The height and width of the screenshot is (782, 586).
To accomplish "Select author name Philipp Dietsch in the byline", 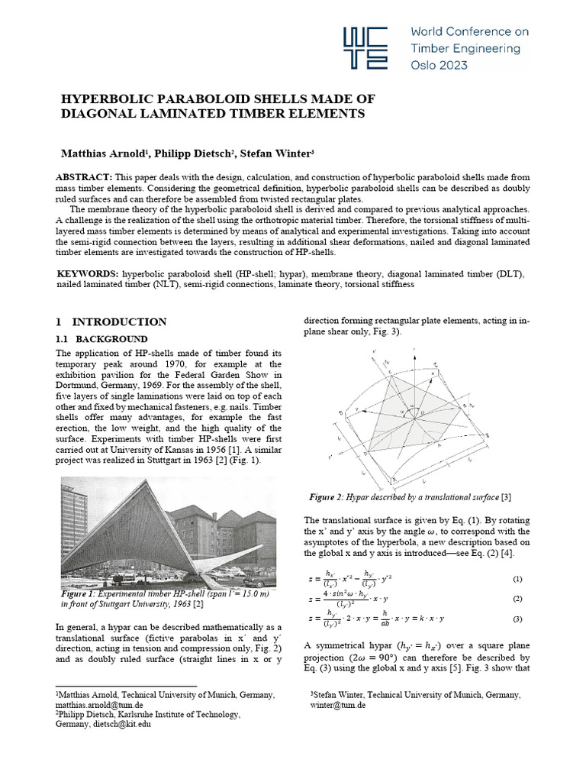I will click(191, 153).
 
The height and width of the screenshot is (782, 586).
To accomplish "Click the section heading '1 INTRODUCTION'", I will click(111, 322).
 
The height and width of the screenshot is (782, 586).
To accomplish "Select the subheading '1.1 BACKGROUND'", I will click(102, 338).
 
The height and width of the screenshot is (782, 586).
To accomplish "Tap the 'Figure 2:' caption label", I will click(328, 498).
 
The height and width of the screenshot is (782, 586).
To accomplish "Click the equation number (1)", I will click(517, 580).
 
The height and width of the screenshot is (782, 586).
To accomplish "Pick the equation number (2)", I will click(517, 599).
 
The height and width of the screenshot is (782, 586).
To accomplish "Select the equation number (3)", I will click(517, 619).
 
